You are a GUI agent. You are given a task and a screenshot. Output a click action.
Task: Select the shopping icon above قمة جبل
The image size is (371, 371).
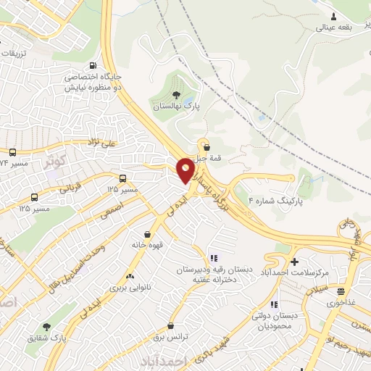[x=207, y=147]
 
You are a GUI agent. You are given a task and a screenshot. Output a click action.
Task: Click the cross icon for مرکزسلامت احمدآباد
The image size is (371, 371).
[x=293, y=262]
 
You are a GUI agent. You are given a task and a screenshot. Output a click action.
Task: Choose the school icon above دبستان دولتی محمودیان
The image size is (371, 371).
[x=273, y=304]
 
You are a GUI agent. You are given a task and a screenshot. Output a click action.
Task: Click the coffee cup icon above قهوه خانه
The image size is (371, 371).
[x=148, y=234]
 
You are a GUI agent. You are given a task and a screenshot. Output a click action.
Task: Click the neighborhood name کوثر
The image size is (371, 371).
[x=54, y=157]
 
